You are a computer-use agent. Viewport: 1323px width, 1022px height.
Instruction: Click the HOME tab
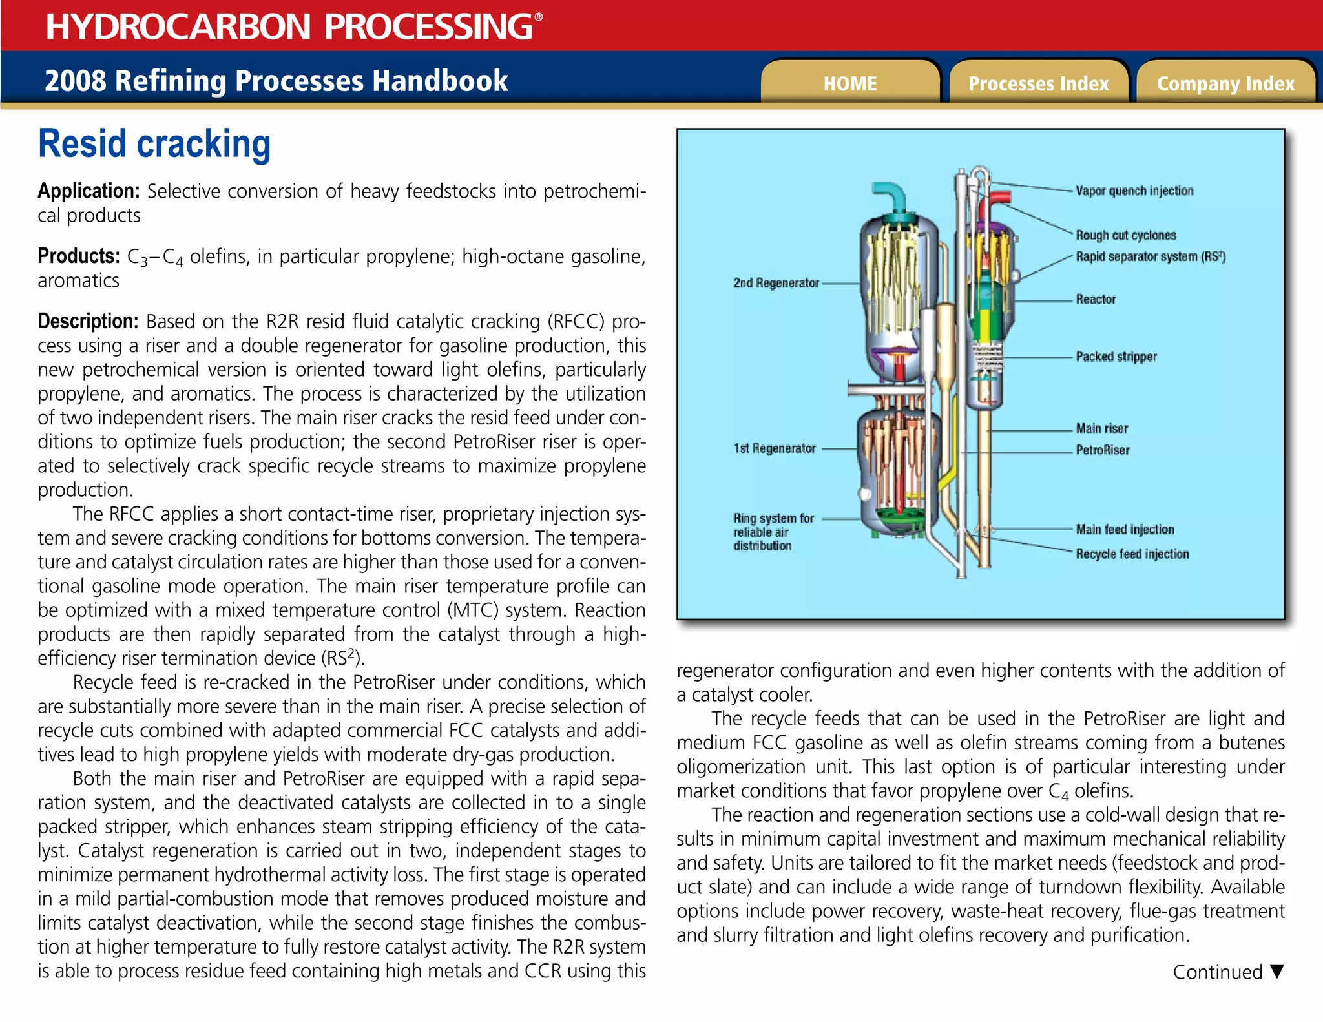tap(849, 83)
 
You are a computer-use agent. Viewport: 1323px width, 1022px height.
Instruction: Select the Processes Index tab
tap(1038, 83)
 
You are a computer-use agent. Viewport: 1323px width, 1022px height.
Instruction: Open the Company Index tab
tap(1225, 83)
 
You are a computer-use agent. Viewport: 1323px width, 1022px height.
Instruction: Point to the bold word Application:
tap(89, 191)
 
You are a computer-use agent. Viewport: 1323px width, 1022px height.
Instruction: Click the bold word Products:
tap(79, 256)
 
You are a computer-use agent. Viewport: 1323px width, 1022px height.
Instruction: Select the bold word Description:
tap(88, 321)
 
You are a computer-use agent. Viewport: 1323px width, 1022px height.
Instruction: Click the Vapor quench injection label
tap(1134, 191)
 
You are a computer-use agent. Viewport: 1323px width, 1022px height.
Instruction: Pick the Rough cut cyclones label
tap(1125, 235)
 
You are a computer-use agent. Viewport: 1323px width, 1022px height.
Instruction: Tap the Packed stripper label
tap(1116, 357)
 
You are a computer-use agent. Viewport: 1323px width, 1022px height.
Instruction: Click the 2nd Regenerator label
tap(775, 283)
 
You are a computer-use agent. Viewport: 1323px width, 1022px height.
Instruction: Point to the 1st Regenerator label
tap(774, 448)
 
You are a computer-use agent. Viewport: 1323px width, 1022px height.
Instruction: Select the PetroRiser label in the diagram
tap(1102, 450)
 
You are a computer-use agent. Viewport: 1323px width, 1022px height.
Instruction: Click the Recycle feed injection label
tap(1132, 554)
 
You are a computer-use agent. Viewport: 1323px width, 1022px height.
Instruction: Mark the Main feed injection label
tap(1125, 530)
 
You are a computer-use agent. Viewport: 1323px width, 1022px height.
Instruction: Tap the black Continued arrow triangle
tap(1276, 971)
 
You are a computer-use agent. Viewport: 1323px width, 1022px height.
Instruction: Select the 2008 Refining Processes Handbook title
tap(276, 81)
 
